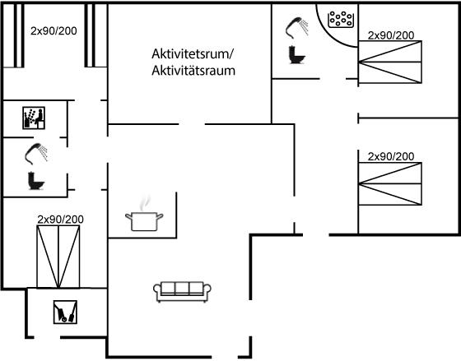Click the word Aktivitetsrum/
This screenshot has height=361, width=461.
(193, 54)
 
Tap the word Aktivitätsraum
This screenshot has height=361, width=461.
(193, 71)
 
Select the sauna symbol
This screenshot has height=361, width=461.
(34, 118)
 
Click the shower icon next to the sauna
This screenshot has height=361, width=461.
(36, 153)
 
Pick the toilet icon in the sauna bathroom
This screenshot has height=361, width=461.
(36, 181)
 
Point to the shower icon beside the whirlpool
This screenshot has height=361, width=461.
(297, 28)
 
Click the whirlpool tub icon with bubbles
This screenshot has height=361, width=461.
(341, 20)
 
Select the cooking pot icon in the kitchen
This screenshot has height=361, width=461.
(144, 221)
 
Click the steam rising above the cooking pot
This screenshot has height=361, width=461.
(144, 202)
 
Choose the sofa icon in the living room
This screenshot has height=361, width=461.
(182, 292)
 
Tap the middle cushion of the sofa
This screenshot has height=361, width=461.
(182, 289)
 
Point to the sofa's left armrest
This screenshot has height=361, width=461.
(157, 291)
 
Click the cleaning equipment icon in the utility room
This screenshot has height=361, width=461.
(65, 312)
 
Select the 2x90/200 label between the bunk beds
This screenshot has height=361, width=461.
(54, 31)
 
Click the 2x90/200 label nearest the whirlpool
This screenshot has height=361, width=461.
(391, 35)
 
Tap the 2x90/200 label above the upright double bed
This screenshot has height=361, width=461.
(60, 220)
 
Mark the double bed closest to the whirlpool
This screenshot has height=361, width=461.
(390, 62)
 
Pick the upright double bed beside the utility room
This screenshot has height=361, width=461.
(58, 257)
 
